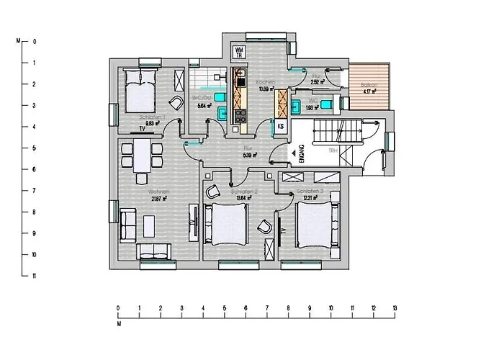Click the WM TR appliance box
point(239,53)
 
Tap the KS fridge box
point(282,126)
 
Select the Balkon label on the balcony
point(369,85)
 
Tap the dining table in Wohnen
point(142,154)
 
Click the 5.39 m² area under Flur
point(250,154)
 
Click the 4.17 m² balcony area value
point(370,92)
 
